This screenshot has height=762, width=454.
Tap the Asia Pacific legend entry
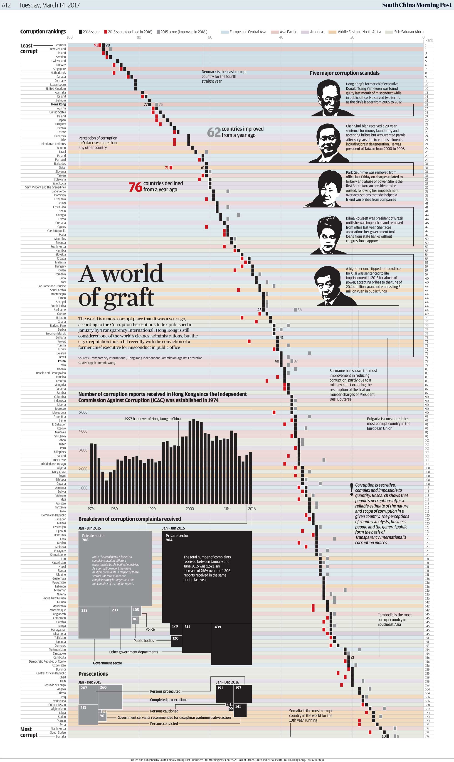click(288, 32)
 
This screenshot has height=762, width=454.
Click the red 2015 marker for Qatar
click(171, 167)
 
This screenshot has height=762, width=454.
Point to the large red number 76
click(135, 187)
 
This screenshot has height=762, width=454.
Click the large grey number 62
click(214, 132)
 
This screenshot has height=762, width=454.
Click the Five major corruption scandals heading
click(345, 73)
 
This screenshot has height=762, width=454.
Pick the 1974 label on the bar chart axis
click(91, 509)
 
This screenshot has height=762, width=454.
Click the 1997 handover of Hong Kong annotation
click(152, 419)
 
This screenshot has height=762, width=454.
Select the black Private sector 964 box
click(207, 577)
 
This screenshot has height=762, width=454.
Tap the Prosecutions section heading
click(93, 674)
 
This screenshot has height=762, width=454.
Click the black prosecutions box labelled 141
click(240, 710)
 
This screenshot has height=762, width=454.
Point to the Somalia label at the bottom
click(61, 736)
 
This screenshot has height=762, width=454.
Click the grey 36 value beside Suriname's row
click(299, 310)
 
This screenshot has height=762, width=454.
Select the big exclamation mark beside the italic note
click(352, 490)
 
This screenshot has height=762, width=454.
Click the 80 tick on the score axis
click(139, 37)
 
